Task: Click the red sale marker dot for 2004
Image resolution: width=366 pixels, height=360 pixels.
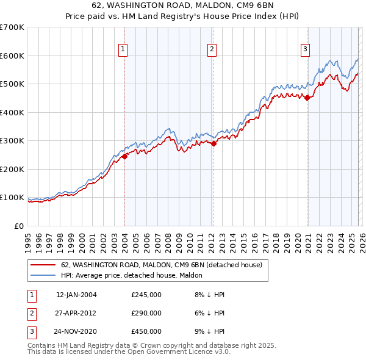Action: pos(124,156)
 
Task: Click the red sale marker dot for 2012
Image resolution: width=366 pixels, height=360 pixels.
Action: pos(213,144)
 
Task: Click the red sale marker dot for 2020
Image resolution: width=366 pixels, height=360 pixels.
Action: pos(307,98)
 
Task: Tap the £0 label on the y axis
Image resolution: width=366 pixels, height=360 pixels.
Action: pos(18,226)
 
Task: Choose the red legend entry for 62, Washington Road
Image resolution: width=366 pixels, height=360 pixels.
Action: pos(162,265)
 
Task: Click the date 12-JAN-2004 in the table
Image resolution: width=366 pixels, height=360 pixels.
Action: pos(76,295)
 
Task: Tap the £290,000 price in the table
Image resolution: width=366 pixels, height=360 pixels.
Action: pos(146,313)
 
